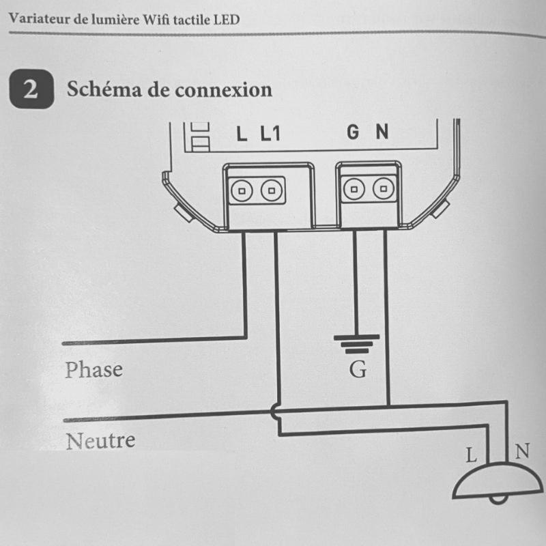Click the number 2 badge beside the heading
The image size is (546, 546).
pyautogui.click(x=31, y=90)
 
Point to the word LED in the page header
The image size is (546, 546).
pyautogui.click(x=226, y=19)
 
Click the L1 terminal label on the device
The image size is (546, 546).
pyautogui.click(x=270, y=134)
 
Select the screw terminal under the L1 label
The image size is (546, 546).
pyautogui.click(x=272, y=190)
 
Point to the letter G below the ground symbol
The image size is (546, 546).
pyautogui.click(x=357, y=371)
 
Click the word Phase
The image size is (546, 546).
pyautogui.click(x=94, y=370)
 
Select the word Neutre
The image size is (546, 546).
pyautogui.click(x=100, y=441)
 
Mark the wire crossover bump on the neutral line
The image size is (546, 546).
pyautogui.click(x=276, y=413)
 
